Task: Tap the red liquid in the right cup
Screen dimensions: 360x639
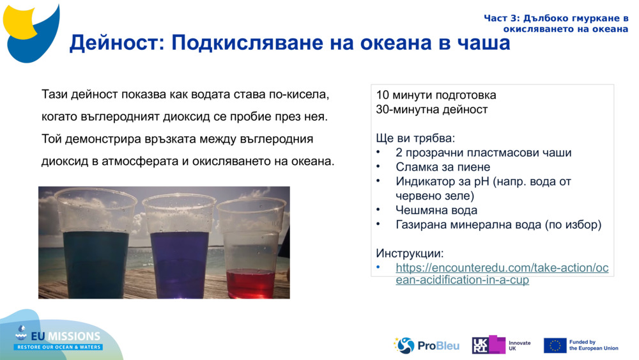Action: [x=250, y=281]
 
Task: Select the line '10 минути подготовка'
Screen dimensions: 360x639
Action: [x=436, y=95]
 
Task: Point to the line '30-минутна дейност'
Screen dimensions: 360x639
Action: [x=432, y=109]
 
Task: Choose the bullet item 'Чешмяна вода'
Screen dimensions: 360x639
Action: [x=436, y=210]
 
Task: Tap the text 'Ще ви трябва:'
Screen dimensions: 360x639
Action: [x=415, y=138]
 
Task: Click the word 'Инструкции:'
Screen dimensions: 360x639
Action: [x=410, y=253]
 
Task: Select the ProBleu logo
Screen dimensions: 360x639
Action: [x=427, y=345]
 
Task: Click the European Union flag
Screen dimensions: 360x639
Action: [x=555, y=345]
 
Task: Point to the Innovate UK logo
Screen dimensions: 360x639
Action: [x=501, y=345]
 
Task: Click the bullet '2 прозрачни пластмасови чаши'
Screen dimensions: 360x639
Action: [x=484, y=153]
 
